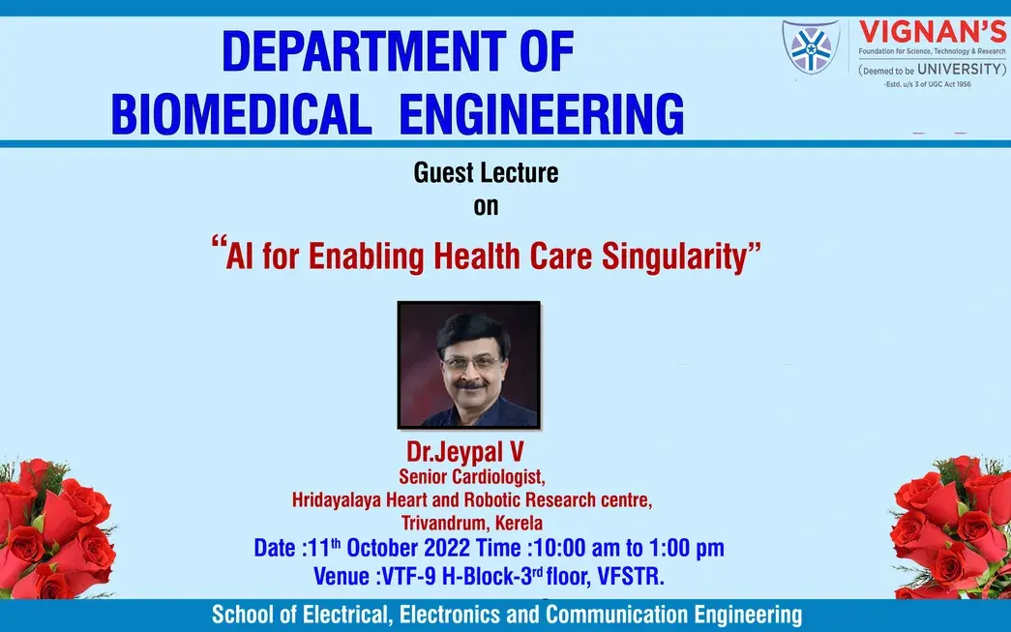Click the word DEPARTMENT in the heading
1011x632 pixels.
[365, 51]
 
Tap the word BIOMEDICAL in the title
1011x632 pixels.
[242, 113]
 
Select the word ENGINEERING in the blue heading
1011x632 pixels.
[542, 113]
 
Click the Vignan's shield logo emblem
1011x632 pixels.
[811, 47]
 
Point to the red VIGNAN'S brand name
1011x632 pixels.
[933, 32]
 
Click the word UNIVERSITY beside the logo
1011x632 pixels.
[962, 69]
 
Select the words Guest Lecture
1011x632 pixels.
[487, 173]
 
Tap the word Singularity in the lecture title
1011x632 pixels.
[673, 257]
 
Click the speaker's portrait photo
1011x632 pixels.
[469, 365]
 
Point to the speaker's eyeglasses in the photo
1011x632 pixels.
[471, 363]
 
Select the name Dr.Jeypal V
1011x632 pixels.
[465, 451]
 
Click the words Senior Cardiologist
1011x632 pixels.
[472, 476]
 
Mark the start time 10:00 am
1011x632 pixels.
[577, 548]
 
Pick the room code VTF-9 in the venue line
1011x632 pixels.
[409, 576]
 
